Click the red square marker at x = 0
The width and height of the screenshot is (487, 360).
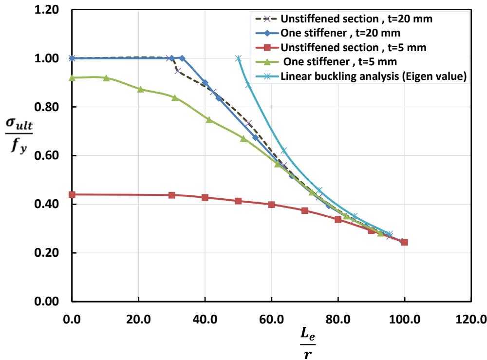tap(72, 194)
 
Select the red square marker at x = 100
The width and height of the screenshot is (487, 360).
tap(404, 242)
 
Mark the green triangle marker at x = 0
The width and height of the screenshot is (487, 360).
tap(72, 77)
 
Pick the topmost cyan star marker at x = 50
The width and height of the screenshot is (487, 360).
tap(238, 58)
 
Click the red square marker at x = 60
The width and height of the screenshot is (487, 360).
tap(271, 205)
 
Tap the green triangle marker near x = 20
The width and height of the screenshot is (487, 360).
tap(140, 89)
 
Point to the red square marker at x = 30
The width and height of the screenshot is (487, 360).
tap(171, 195)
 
